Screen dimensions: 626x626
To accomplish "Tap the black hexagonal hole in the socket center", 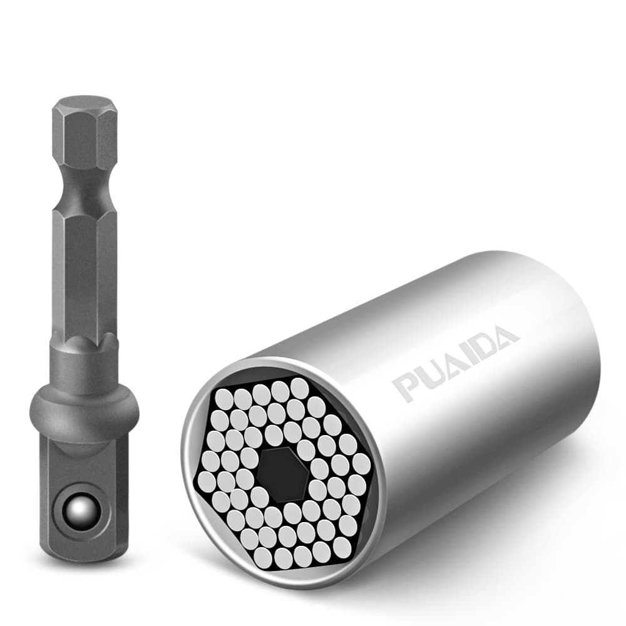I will (x=284, y=474).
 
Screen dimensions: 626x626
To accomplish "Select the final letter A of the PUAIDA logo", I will (x=503, y=336).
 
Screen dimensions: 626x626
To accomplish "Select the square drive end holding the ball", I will (x=83, y=495).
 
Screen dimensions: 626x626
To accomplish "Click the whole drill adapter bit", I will (x=85, y=326).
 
